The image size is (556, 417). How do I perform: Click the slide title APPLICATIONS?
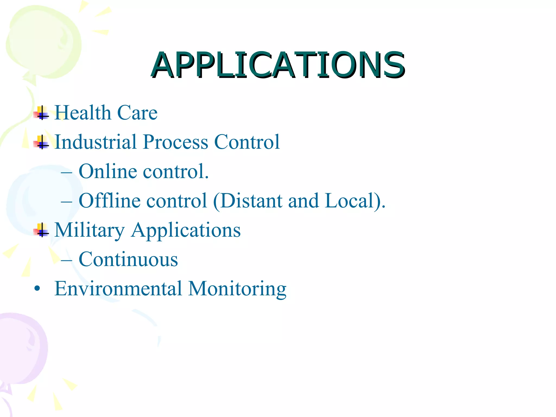point(278,65)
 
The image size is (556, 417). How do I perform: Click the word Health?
point(83,112)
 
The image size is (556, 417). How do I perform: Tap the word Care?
point(137,112)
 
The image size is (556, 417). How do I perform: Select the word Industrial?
point(95,142)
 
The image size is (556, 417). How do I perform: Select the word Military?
point(89,230)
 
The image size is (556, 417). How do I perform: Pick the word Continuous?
point(128,259)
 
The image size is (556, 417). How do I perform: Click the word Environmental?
point(118,288)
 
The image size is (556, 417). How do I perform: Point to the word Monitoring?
point(237,289)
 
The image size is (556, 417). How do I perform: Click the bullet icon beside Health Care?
point(41,113)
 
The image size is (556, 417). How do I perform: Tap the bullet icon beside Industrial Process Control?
point(41,142)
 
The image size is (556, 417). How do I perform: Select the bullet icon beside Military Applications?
point(41,230)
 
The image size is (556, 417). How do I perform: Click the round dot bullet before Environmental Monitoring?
point(37,289)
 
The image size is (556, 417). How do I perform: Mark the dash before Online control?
point(67,172)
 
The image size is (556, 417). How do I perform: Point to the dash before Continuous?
point(67,260)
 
